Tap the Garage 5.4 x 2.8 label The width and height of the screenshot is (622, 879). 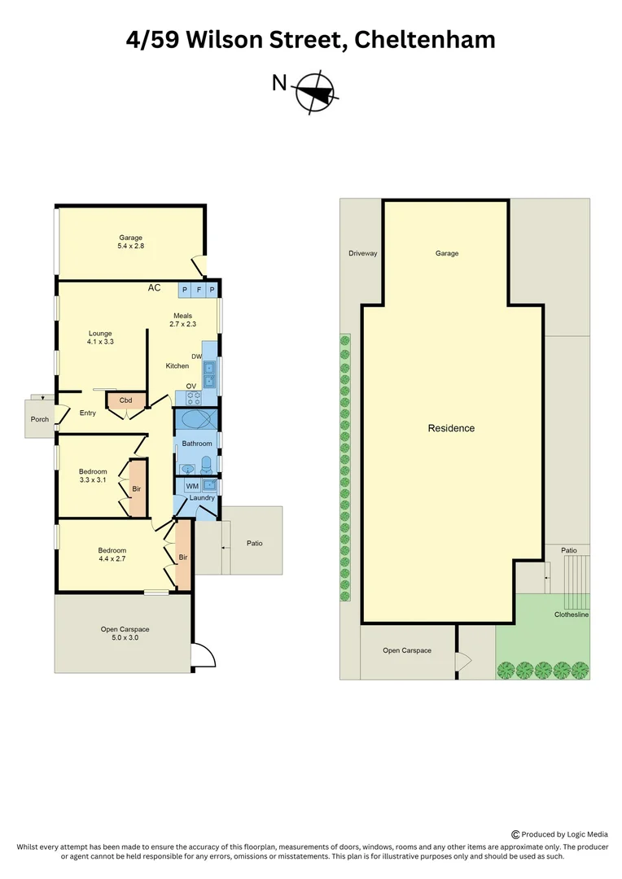[131, 242]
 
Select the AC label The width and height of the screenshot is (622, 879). [154, 288]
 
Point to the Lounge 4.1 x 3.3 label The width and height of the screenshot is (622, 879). [101, 338]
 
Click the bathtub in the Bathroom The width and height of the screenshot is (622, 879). [196, 420]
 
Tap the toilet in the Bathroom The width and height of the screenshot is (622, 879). [206, 465]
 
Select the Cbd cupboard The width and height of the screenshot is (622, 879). [126, 400]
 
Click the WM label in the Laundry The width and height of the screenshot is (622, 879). [192, 486]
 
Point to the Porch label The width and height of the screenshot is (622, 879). [40, 420]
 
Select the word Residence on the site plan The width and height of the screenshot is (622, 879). [451, 428]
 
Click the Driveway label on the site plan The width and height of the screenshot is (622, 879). [363, 254]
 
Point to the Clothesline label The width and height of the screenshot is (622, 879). [571, 615]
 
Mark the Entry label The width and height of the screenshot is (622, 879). [88, 413]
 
